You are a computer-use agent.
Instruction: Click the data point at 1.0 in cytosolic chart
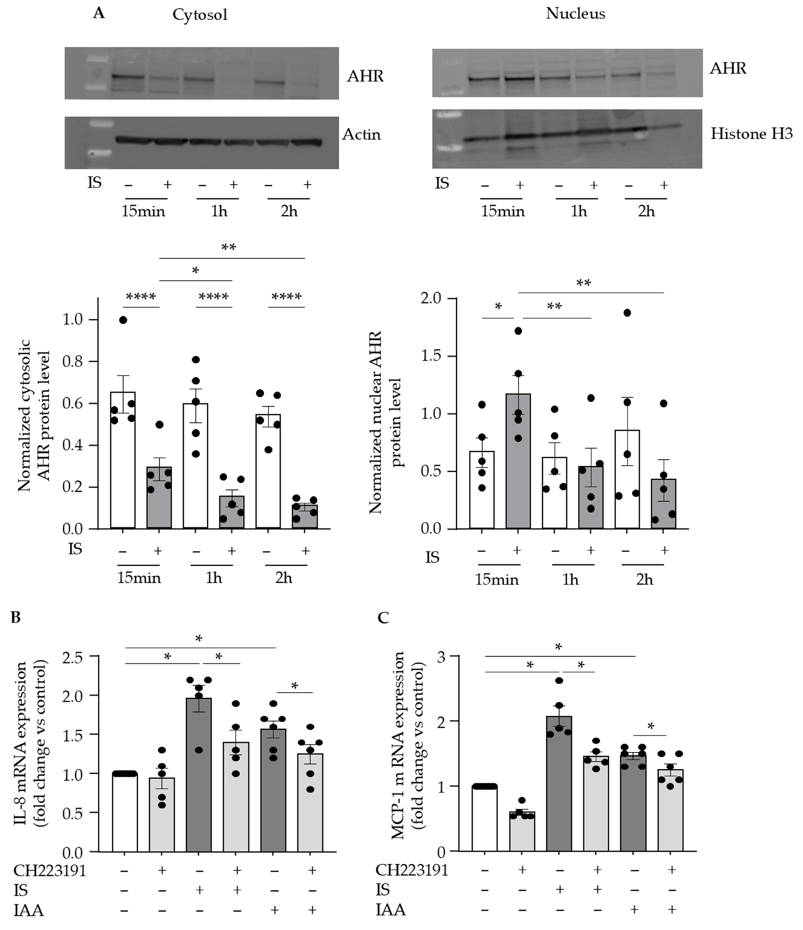pyautogui.click(x=123, y=320)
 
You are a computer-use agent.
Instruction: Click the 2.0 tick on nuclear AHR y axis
pyautogui.click(x=431, y=299)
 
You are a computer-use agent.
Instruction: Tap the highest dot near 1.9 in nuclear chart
pyautogui.click(x=627, y=313)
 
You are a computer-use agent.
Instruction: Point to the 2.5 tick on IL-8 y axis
pyautogui.click(x=73, y=658)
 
